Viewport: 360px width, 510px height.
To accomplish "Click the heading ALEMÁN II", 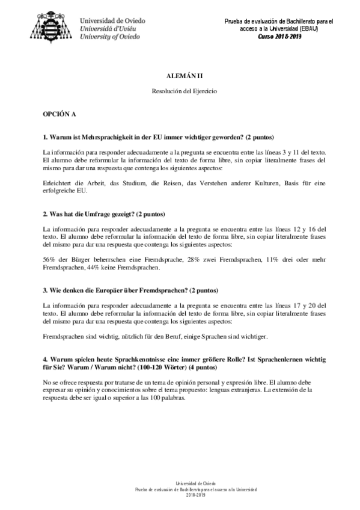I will pos(180,78).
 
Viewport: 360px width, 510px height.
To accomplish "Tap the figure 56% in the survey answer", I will pos(50,259).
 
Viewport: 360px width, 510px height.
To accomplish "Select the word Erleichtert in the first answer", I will pos(58,183).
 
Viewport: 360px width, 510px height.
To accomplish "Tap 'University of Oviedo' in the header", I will pos(110,36).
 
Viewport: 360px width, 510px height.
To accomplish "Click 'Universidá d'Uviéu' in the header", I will pos(109,28).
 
